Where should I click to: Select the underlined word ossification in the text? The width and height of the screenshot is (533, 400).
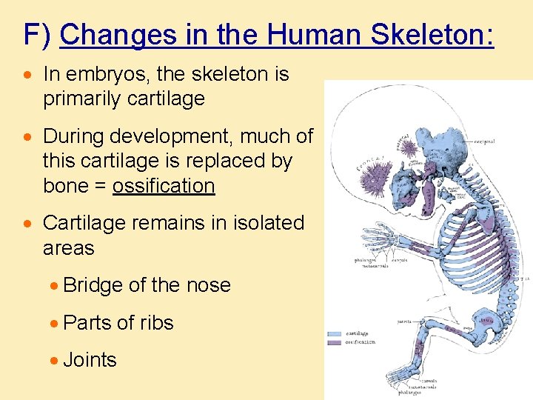(x=164, y=186)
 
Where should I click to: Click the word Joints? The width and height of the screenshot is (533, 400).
(x=90, y=360)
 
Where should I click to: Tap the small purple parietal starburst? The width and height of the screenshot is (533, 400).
(x=409, y=148)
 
